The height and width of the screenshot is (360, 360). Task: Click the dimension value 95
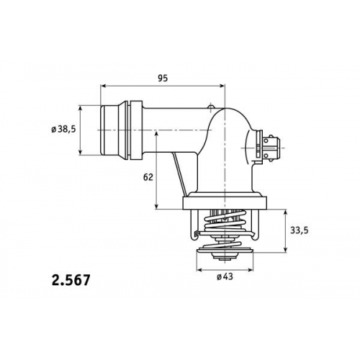[x=163, y=78]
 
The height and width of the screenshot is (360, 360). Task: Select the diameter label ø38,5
[x=63, y=130]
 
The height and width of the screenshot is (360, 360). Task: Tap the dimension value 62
[x=148, y=177]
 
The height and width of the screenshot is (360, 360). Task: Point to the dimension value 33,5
[x=300, y=230]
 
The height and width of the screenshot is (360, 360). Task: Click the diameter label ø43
[x=225, y=277]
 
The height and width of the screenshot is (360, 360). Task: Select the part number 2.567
[x=71, y=280]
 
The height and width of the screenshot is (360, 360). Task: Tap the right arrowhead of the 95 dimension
[x=222, y=86]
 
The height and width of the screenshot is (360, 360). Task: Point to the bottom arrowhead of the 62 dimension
[x=156, y=206]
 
